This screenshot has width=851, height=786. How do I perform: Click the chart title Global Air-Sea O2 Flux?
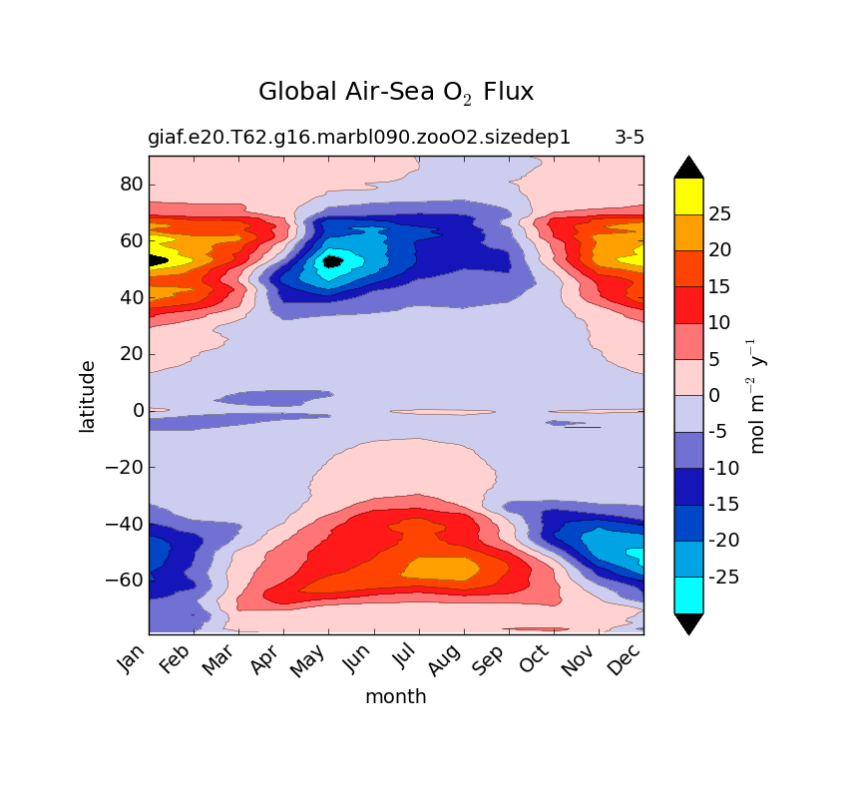pyautogui.click(x=396, y=92)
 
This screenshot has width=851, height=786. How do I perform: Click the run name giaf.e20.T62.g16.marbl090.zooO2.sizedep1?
pyautogui.click(x=359, y=138)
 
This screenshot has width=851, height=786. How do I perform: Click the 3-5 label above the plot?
pyautogui.click(x=629, y=138)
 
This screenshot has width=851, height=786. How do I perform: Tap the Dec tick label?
pyautogui.click(x=624, y=660)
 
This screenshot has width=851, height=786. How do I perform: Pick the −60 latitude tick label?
pyautogui.click(x=125, y=580)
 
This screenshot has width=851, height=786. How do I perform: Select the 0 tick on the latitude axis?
pyautogui.click(x=139, y=410)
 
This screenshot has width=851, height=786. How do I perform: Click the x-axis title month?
pyautogui.click(x=395, y=697)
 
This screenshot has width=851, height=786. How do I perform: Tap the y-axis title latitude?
pyautogui.click(x=88, y=396)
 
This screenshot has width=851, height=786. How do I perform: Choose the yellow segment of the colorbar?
pyautogui.click(x=688, y=196)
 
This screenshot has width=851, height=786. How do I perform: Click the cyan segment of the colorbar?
pyautogui.click(x=688, y=595)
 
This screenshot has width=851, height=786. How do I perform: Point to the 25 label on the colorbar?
pyautogui.click(x=720, y=213)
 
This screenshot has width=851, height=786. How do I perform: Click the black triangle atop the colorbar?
pyautogui.click(x=688, y=167)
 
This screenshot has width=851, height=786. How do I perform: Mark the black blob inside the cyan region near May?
pyautogui.click(x=332, y=261)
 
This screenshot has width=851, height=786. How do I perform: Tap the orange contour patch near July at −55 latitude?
pyautogui.click(x=440, y=568)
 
